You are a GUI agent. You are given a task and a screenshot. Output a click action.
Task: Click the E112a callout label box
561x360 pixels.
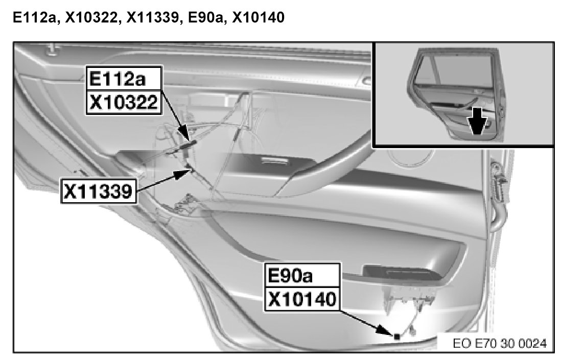click(124, 78)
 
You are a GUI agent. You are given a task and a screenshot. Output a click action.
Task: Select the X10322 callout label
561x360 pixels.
click(124, 102)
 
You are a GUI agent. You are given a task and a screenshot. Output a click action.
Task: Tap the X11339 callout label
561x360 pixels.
click(99, 191)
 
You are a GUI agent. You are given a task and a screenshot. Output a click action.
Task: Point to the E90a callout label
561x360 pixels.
click(302, 276)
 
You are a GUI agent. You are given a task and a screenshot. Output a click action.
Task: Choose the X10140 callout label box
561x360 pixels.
click(302, 299)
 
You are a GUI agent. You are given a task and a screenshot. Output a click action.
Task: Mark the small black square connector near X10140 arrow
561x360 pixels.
click(397, 337)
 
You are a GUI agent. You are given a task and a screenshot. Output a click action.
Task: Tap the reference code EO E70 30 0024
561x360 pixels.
click(500, 344)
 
